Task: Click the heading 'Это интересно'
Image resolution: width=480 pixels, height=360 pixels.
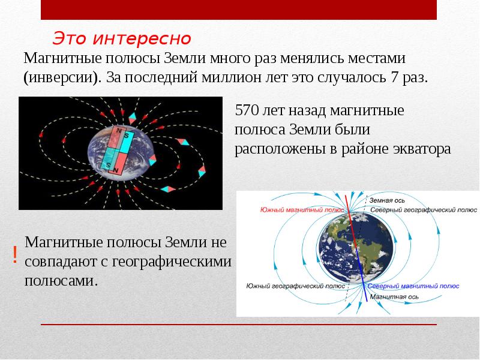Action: click(x=121, y=38)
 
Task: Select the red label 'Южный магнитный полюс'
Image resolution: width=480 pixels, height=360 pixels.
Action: click(x=302, y=210)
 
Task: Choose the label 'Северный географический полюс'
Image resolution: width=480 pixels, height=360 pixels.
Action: click(x=423, y=210)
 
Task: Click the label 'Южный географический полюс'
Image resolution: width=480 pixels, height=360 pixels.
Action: click(x=295, y=286)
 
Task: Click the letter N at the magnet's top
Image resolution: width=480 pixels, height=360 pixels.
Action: click(x=118, y=130)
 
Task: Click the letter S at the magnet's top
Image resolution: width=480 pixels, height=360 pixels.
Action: click(x=127, y=135)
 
